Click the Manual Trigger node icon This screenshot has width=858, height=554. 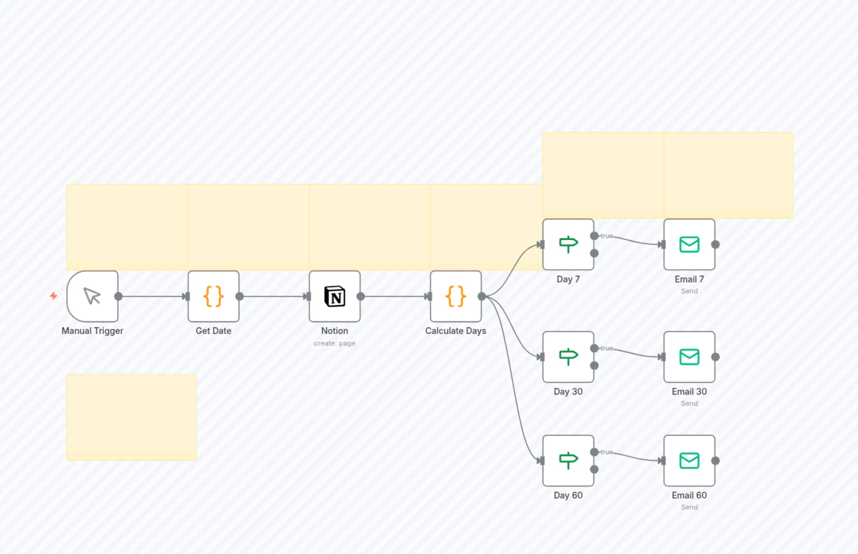click(92, 296)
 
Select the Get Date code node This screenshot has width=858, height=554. click(213, 296)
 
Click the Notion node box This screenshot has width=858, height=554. click(334, 296)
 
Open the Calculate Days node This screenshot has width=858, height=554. click(456, 296)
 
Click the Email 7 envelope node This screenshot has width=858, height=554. click(689, 244)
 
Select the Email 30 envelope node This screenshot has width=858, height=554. click(689, 357)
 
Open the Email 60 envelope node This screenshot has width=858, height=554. click(689, 460)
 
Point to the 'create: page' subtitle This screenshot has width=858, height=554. click(334, 343)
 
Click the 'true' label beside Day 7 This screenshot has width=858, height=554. click(606, 236)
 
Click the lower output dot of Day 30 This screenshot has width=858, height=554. click(594, 366)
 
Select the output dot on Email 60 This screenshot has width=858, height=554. click(716, 460)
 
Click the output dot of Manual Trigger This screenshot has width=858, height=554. click(119, 296)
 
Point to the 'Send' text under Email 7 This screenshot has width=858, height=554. click(689, 291)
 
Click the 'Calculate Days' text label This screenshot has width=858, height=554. click(456, 331)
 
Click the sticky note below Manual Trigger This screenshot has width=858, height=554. click(131, 417)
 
